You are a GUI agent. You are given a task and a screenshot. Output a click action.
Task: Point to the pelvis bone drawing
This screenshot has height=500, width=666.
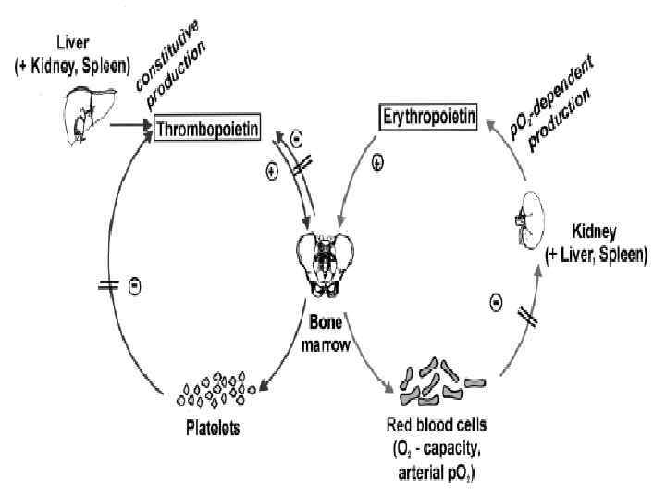(325, 263)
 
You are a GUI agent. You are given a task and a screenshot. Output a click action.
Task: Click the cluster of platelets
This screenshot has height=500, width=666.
(214, 389)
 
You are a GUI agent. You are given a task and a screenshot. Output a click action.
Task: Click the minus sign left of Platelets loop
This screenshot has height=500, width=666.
(135, 287)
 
